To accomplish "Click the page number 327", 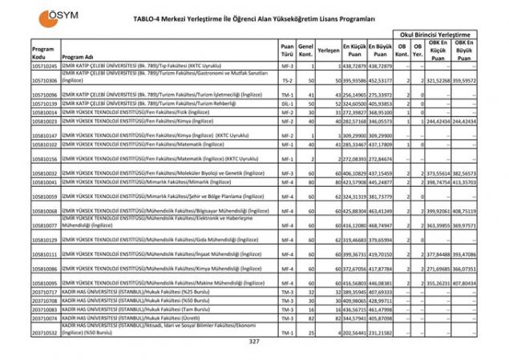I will click(x=254, y=343).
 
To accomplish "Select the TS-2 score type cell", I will click(x=286, y=81).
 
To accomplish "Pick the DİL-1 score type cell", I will click(x=286, y=103).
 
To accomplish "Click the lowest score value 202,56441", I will click(x=353, y=332).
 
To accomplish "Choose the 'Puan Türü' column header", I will click(x=286, y=50).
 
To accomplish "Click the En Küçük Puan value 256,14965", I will click(x=353, y=95).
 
